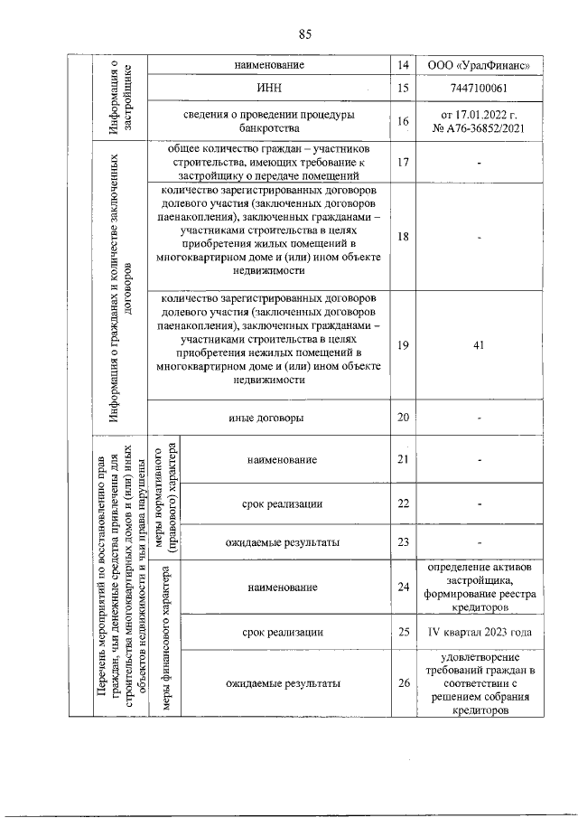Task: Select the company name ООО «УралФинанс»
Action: coord(479,65)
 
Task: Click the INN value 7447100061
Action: coord(479,89)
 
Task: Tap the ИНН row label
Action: coord(268,89)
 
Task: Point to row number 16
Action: coord(403,122)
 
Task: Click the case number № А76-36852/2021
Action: coord(479,129)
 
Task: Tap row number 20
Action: coord(403,418)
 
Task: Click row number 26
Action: coord(403,682)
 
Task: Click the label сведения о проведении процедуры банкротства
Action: coord(268,122)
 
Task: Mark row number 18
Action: coord(403,237)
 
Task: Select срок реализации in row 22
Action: coord(283,503)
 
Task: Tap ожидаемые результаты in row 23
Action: coord(283,542)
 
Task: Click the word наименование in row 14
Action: coord(268,65)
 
